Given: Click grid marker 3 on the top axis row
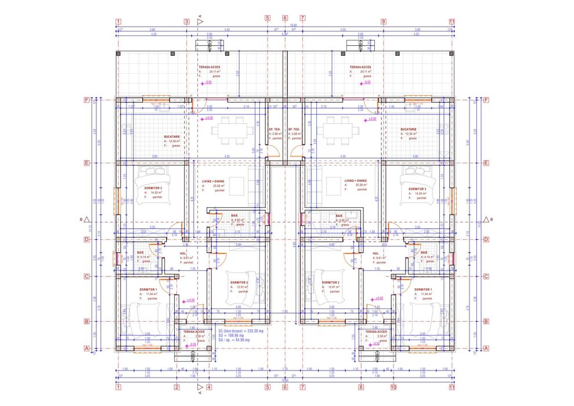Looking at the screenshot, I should point(186,22).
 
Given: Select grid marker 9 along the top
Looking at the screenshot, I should point(384,22).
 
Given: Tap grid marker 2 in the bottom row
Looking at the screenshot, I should point(177,387).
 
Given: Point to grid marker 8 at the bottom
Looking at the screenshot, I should point(360,387).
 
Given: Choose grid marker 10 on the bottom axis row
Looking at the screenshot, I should point(393,387).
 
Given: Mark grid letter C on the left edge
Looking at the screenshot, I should point(86,276).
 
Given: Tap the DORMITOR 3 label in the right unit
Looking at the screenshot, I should point(417,189).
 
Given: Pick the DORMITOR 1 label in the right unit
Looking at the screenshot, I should point(423,289).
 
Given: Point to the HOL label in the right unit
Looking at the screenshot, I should point(375,253).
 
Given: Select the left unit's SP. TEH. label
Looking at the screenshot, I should point(275,130).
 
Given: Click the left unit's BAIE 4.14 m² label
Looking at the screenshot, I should point(140,253).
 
